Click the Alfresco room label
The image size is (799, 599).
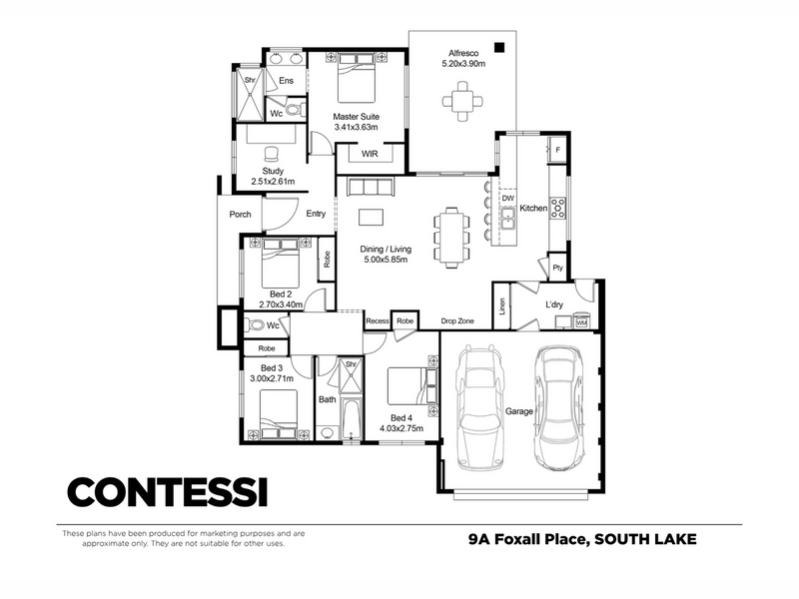click(x=463, y=53)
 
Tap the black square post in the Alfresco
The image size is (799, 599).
click(x=499, y=47)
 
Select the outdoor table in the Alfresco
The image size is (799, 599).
click(x=462, y=102)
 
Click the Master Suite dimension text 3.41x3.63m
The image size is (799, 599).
click(x=356, y=128)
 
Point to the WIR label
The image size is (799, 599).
click(x=370, y=154)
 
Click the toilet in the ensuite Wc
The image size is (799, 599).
click(x=295, y=110)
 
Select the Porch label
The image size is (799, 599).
click(x=240, y=215)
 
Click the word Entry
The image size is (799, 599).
click(x=316, y=214)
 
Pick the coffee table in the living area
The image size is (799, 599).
click(x=371, y=217)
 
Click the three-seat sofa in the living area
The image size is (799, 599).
click(x=371, y=187)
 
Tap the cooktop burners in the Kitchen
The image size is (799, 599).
click(x=558, y=209)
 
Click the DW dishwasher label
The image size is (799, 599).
click(x=508, y=198)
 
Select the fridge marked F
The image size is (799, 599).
click(x=557, y=150)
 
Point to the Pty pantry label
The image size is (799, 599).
click(x=558, y=268)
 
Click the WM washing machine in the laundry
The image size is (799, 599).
click(x=581, y=322)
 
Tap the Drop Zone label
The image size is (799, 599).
click(x=457, y=320)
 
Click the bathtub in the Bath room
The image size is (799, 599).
click(x=352, y=418)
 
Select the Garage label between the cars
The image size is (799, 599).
click(x=518, y=411)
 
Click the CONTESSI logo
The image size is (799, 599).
click(x=168, y=492)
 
